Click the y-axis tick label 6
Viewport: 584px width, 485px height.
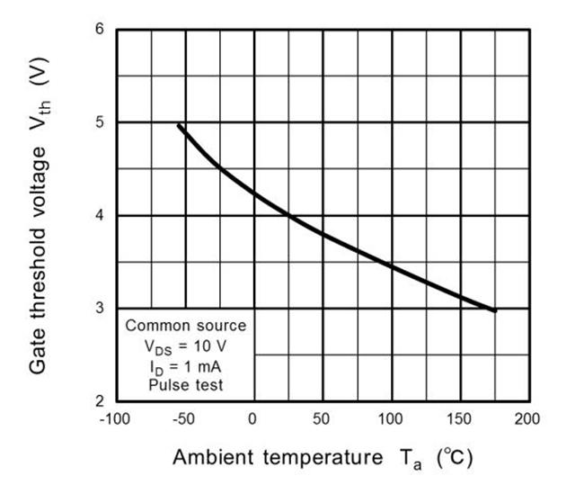[x=100, y=29]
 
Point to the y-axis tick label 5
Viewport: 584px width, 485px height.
[x=100, y=122]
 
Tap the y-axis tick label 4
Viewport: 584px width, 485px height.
[x=100, y=216]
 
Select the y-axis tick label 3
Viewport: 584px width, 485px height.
[x=100, y=309]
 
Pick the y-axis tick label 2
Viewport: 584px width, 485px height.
[x=100, y=401]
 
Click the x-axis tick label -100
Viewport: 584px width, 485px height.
[x=114, y=419]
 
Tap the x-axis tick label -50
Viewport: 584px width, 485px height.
[x=183, y=419]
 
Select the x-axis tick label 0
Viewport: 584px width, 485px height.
[x=253, y=419]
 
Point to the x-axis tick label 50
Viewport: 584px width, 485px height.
[x=322, y=419]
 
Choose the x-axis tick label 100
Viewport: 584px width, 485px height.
[x=391, y=419]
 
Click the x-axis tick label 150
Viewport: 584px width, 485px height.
[x=460, y=419]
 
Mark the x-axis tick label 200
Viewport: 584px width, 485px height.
[x=529, y=419]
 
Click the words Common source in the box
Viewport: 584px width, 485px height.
[x=185, y=325]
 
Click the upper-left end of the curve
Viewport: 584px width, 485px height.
[x=179, y=126]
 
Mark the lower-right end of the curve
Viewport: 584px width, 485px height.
[x=494, y=310]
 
